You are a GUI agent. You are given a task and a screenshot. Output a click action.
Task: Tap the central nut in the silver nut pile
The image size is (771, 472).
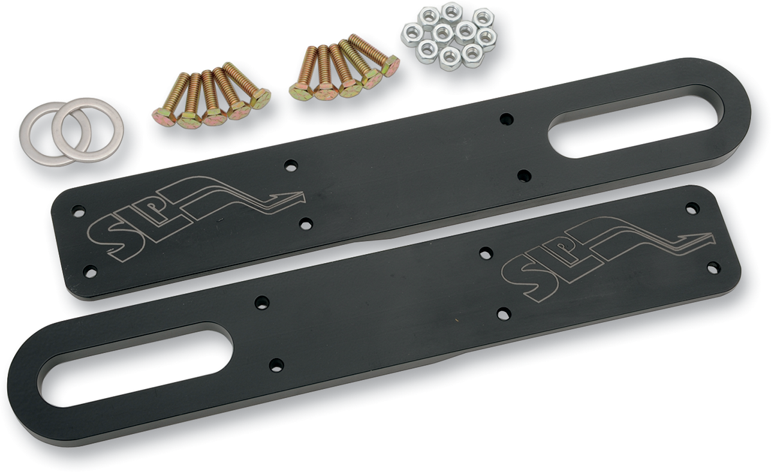click(x=443, y=32)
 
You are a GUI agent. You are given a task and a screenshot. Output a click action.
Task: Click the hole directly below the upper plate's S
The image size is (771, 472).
click(x=90, y=270)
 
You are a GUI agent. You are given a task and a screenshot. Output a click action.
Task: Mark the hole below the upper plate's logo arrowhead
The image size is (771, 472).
click(x=306, y=223)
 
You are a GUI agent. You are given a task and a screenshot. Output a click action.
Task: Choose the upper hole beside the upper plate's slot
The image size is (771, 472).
click(x=507, y=119)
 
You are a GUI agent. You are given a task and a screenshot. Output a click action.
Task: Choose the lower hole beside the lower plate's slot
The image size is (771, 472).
click(x=276, y=364)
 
